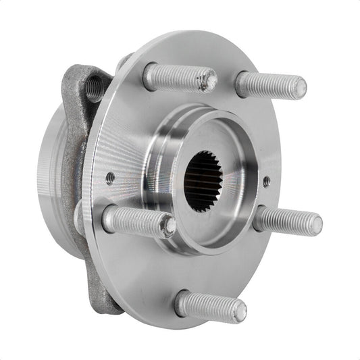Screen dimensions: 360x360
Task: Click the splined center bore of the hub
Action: tap(203, 181)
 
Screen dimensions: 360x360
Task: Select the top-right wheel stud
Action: tap(270, 84)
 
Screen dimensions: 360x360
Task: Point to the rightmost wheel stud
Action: tap(287, 220)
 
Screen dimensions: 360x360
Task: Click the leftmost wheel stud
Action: tap(138, 220)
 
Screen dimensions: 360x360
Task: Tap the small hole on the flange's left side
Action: tap(110, 178)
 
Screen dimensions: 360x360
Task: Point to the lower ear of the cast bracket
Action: tap(101, 287)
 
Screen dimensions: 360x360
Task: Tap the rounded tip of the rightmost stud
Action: tap(314, 224)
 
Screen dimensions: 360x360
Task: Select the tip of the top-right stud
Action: tap(298, 87)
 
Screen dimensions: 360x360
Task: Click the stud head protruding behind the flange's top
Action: tap(124, 62)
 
